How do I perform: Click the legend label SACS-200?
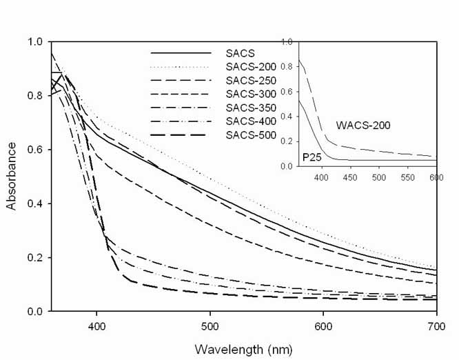pyautogui.click(x=249, y=67)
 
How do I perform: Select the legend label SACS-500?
pyautogui.click(x=249, y=134)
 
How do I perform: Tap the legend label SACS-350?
pyautogui.click(x=249, y=107)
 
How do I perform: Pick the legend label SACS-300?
pyautogui.click(x=249, y=94)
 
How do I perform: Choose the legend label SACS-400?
pyautogui.click(x=249, y=121)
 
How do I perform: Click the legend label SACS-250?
pyautogui.click(x=249, y=81)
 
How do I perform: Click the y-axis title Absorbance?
pyautogui.click(x=12, y=177)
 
